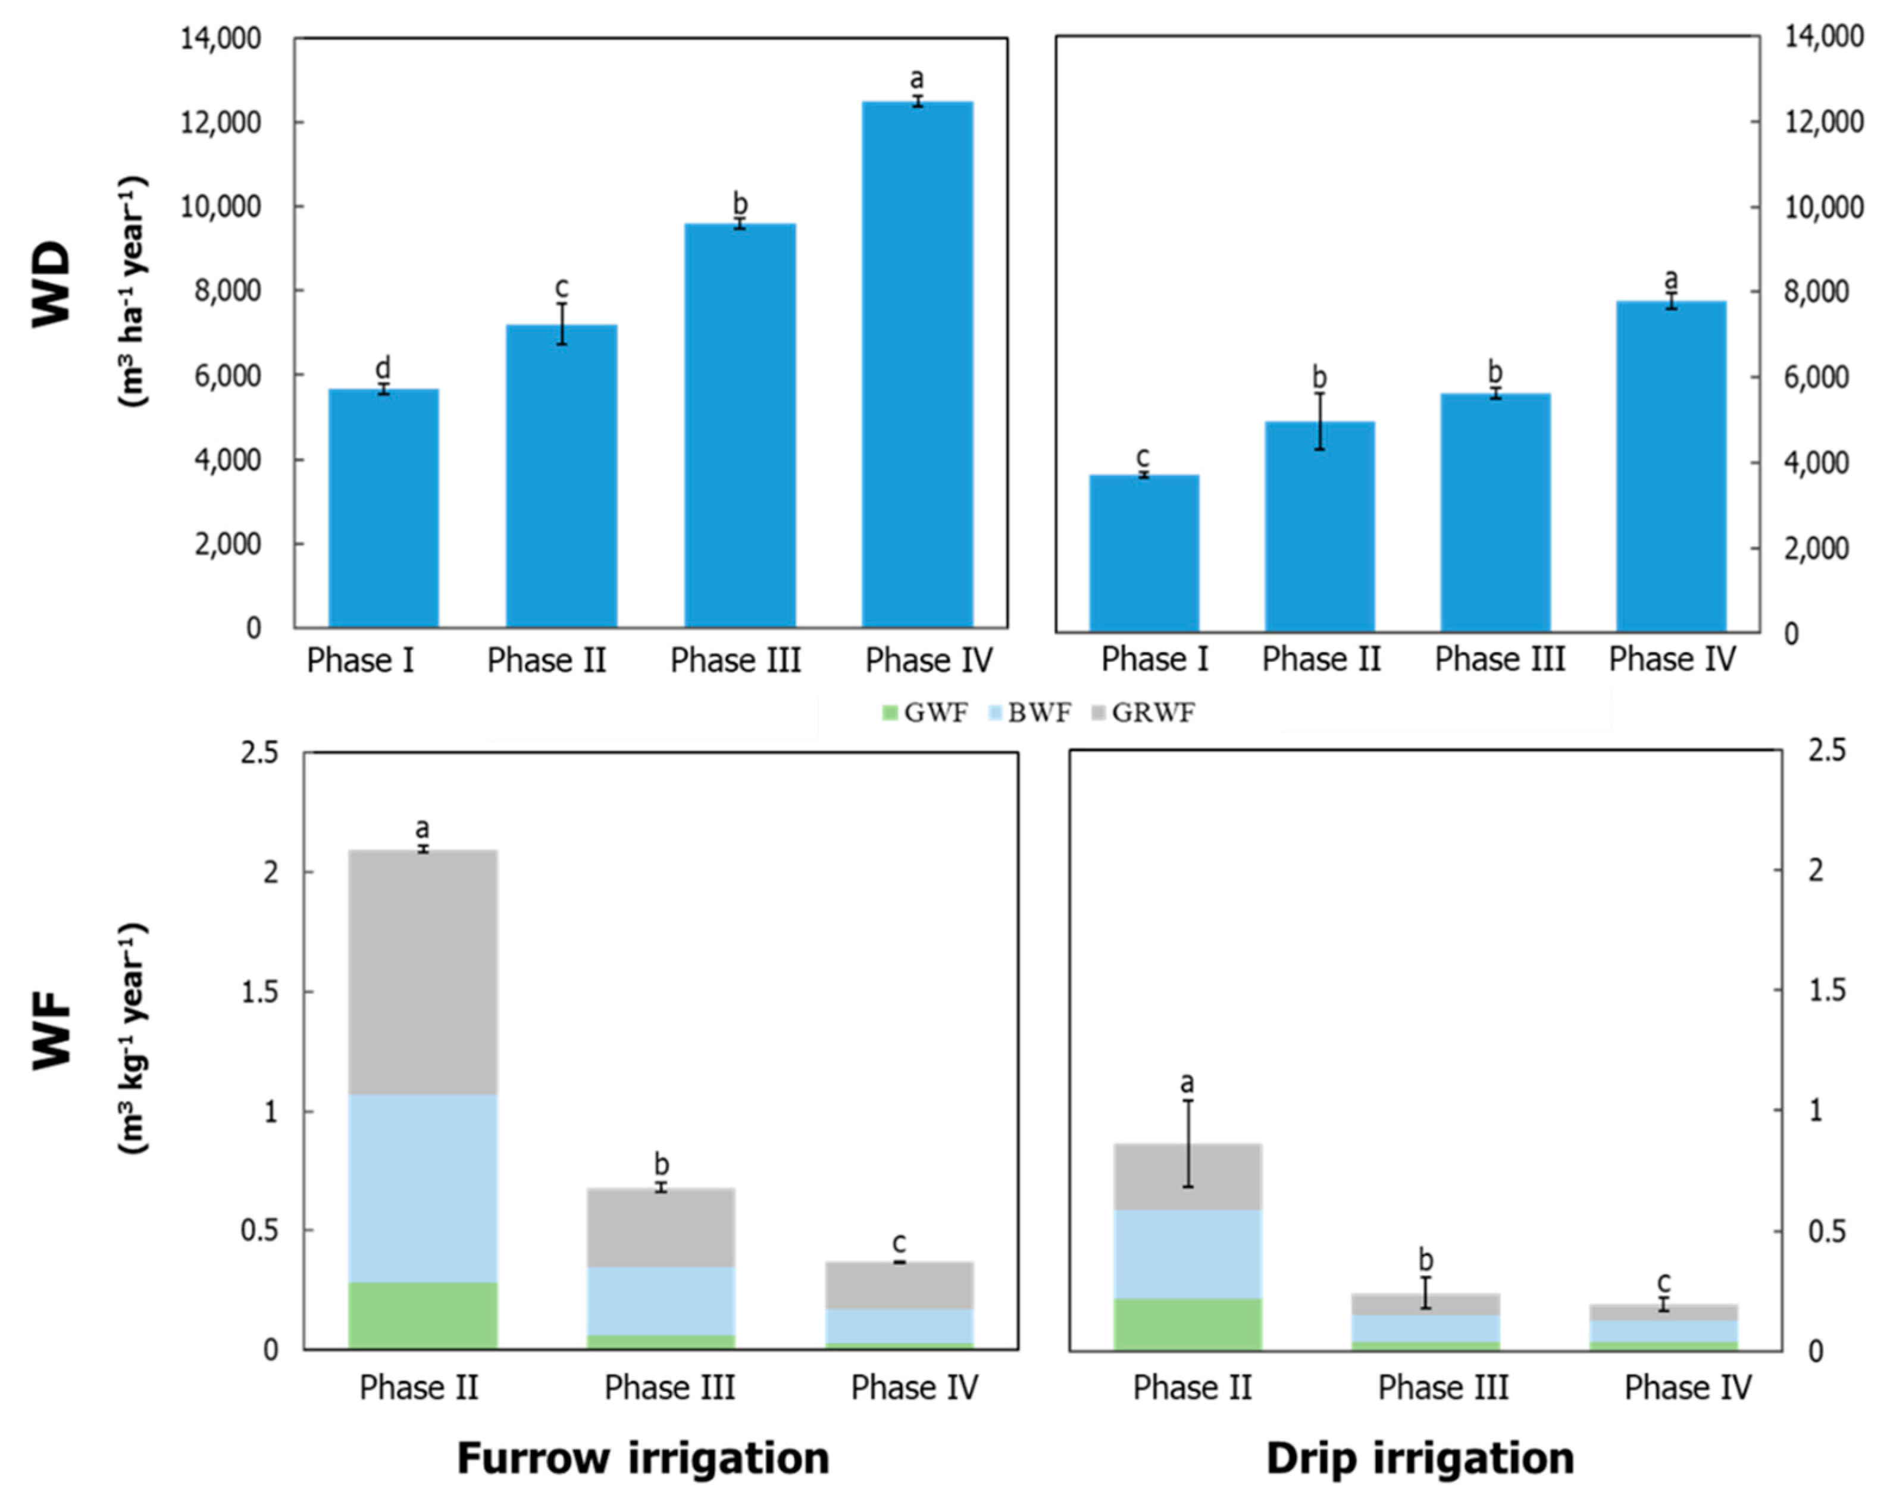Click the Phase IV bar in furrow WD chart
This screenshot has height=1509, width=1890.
pyautogui.click(x=917, y=364)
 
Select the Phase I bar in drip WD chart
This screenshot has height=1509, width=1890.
pyautogui.click(x=1144, y=552)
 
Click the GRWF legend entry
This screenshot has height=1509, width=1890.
pyautogui.click(x=1142, y=712)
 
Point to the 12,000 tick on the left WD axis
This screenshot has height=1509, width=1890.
pyautogui.click(x=232, y=123)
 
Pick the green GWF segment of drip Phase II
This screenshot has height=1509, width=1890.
pyautogui.click(x=1188, y=1323)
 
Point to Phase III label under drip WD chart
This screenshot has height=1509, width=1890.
pyautogui.click(x=1499, y=659)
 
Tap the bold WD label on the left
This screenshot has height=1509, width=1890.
pyautogui.click(x=52, y=285)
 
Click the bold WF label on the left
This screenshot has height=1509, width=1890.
pyautogui.click(x=52, y=1029)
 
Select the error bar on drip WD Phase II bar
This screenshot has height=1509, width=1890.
pyautogui.click(x=1319, y=421)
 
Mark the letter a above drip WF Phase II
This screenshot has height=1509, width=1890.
pyautogui.click(x=1188, y=1083)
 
